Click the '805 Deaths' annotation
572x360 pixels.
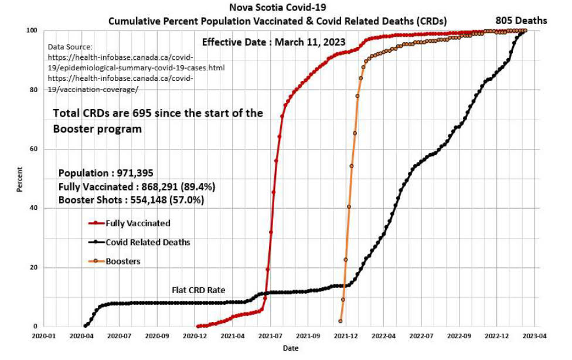pos(521,21)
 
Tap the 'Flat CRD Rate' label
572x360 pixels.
pos(198,290)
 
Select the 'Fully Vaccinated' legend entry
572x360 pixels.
pos(138,223)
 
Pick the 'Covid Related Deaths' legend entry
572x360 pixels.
pos(147,242)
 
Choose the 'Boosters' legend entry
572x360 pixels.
pos(122,261)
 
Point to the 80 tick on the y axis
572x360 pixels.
pos(35,90)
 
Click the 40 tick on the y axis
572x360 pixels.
pos(35,208)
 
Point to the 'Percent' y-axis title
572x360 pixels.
pos(19,179)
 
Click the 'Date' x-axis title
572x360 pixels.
pos(290,348)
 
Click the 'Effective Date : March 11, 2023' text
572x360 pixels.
pos(273,42)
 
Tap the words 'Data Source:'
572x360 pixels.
pos(70,46)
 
